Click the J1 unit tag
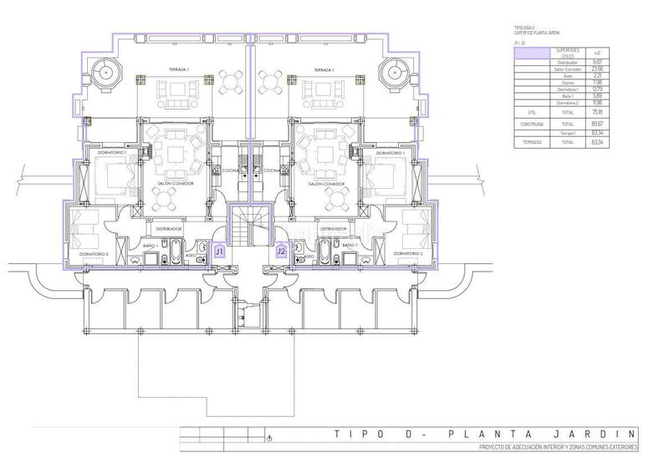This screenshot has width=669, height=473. click(220, 250)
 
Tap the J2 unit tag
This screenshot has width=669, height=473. click(281, 250)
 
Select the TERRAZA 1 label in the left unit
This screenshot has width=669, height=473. click(178, 70)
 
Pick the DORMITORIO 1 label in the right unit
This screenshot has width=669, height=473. click(391, 154)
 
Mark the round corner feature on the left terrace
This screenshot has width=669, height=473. click(106, 74)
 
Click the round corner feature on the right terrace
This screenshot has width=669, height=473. click(394, 74)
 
